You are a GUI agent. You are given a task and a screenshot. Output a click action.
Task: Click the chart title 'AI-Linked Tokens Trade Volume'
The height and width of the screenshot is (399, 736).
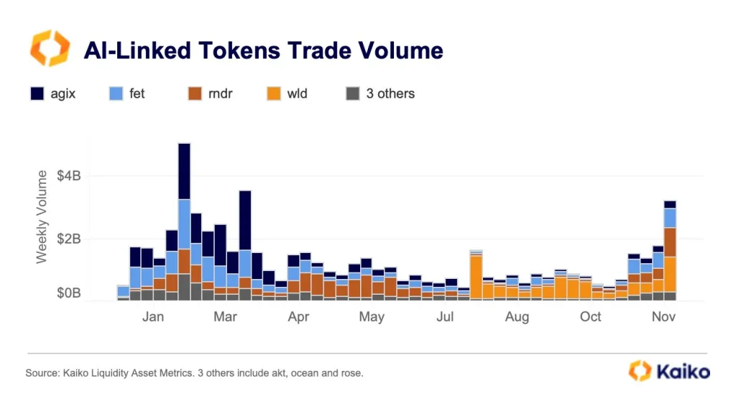click(263, 50)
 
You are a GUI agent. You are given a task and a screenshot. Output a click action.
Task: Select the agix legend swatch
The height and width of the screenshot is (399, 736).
click(39, 93)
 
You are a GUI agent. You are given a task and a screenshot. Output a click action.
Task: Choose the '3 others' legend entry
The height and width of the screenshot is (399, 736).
click(380, 93)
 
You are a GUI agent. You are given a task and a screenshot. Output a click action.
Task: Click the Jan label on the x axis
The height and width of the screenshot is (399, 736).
click(153, 317)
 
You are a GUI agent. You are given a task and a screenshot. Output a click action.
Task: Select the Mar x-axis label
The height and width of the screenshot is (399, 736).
click(226, 317)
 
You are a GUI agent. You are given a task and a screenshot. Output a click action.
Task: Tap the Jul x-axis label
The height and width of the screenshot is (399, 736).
click(445, 317)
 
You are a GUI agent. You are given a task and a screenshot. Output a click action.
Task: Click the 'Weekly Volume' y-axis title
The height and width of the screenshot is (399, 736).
click(42, 216)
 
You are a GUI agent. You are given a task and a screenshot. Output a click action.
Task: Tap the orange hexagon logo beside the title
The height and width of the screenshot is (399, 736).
click(50, 49)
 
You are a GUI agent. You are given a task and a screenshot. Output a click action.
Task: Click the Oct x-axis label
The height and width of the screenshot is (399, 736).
click(591, 317)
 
